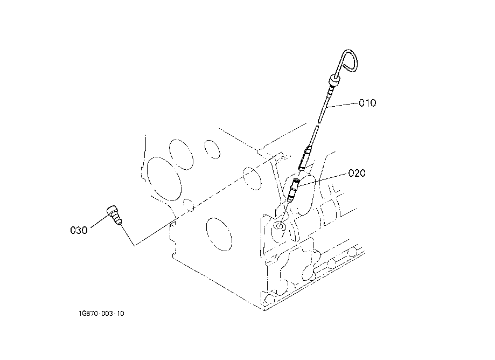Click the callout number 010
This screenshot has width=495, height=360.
point(368,103)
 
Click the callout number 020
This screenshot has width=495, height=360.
point(357,174)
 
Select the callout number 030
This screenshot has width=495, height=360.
point(79,230)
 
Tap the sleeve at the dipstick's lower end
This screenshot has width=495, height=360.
point(305,158)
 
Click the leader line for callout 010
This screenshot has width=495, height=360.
point(343,105)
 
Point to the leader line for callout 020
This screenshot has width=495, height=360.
point(323,178)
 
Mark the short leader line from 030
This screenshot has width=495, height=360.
point(97,223)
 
